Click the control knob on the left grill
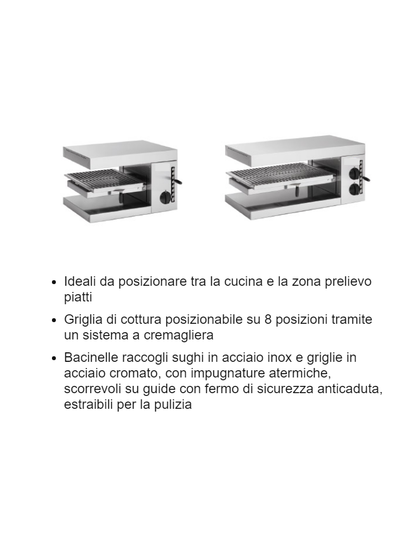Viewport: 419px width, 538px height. (x=165, y=197)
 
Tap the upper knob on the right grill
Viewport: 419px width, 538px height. (x=354, y=172)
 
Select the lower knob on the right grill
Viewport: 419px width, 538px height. (x=354, y=189)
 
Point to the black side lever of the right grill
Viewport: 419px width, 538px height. (x=366, y=178)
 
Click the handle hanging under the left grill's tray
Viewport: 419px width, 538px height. (x=120, y=197)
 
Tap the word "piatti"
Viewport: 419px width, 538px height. (x=78, y=297)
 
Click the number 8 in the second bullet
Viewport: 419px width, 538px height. (x=269, y=319)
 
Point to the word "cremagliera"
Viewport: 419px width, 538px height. (x=179, y=335)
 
